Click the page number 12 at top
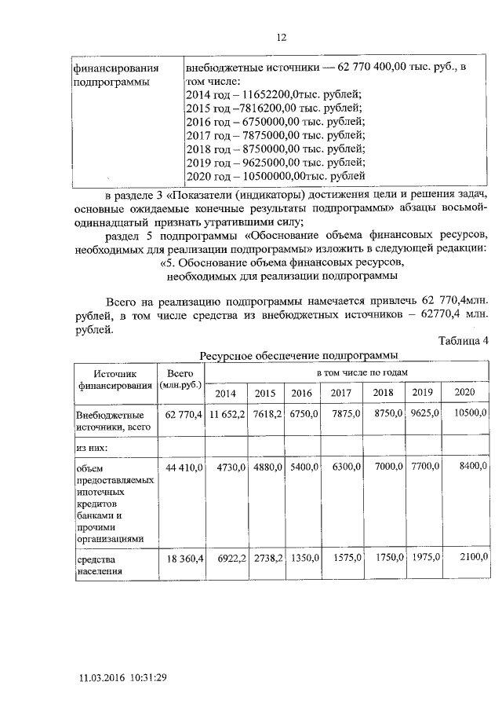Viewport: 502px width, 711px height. [282, 37]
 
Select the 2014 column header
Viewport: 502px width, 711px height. [225, 393]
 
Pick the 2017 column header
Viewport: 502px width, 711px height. [340, 393]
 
